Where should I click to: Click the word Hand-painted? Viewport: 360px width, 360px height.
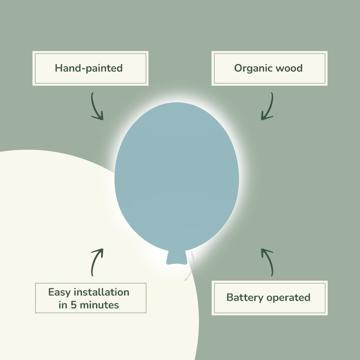pyautogui.click(x=89, y=68)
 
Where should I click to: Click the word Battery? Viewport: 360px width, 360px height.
pyautogui.click(x=245, y=297)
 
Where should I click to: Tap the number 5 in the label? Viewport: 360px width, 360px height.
pyautogui.click(x=73, y=305)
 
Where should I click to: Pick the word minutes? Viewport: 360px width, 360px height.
pyautogui.click(x=99, y=305)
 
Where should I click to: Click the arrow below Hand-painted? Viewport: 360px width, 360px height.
pyautogui.click(x=96, y=107)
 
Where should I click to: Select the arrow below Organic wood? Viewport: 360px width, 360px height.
pyautogui.click(x=268, y=107)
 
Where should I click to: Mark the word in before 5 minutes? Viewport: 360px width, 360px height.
pyautogui.click(x=63, y=305)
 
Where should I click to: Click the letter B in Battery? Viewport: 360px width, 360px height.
pyautogui.click(x=230, y=297)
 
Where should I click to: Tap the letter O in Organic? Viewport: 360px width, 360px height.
pyautogui.click(x=238, y=68)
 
